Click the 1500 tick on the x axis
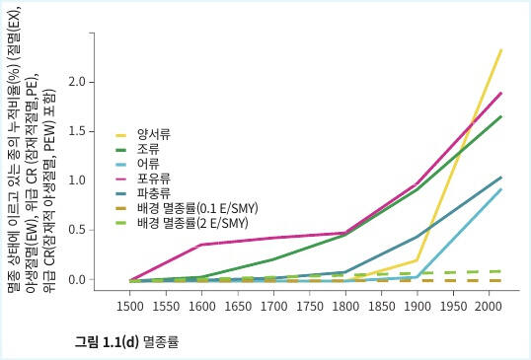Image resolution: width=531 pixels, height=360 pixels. [x=130, y=307]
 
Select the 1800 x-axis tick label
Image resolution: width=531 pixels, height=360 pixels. [x=344, y=307]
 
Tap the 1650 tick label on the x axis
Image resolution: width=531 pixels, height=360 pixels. [x=237, y=307]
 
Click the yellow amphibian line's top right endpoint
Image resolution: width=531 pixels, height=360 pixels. [x=501, y=49]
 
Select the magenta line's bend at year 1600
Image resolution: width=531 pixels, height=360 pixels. [x=201, y=245]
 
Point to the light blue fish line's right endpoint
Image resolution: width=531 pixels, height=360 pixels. [x=501, y=189]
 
